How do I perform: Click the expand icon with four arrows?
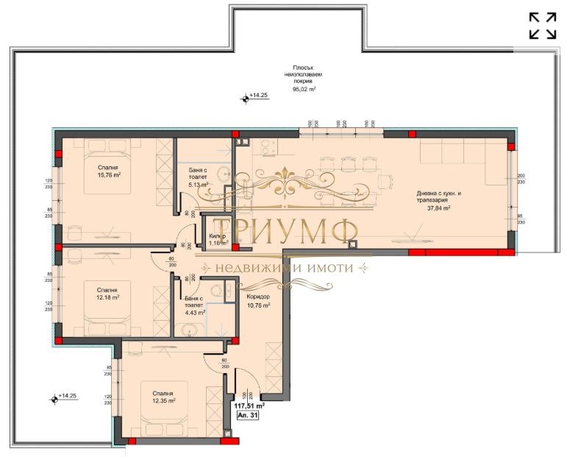pyautogui.click(x=543, y=24)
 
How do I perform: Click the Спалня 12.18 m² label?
pyautogui.click(x=107, y=292)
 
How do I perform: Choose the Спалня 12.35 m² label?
pyautogui.click(x=161, y=397)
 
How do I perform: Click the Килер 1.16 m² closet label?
pyautogui.click(x=218, y=238)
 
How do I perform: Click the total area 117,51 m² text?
pyautogui.click(x=249, y=405)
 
